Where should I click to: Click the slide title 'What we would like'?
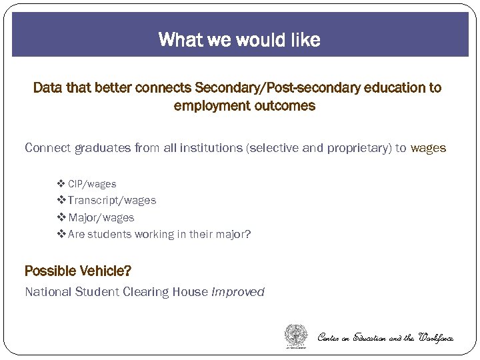pos(239,40)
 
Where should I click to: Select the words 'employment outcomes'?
pos(244,106)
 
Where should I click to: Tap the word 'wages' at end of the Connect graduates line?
pos(428,148)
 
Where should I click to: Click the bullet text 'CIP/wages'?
pos(92,184)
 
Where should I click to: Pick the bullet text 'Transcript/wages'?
pos(111,201)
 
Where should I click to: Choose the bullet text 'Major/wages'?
pos(101,218)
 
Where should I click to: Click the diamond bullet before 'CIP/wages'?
pos(61,184)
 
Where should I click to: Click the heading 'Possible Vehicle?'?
pos(78,271)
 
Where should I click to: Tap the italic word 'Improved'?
pos(238,292)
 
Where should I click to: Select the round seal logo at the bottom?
pos(296,335)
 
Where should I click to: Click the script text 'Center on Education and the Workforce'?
pos(385,338)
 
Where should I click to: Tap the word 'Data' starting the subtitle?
pos(46,88)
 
